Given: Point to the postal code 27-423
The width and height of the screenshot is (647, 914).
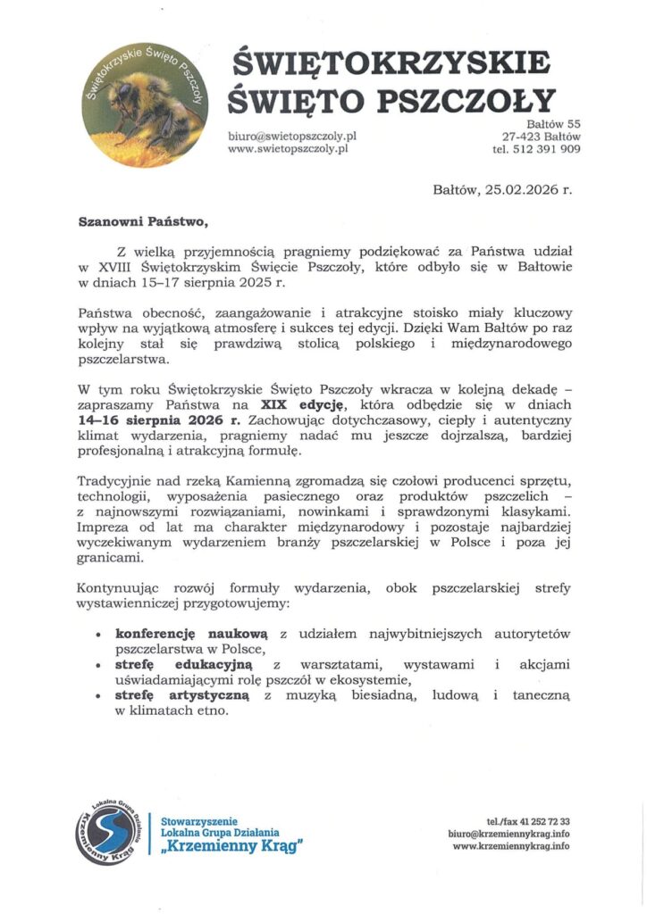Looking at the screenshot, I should (522, 137).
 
